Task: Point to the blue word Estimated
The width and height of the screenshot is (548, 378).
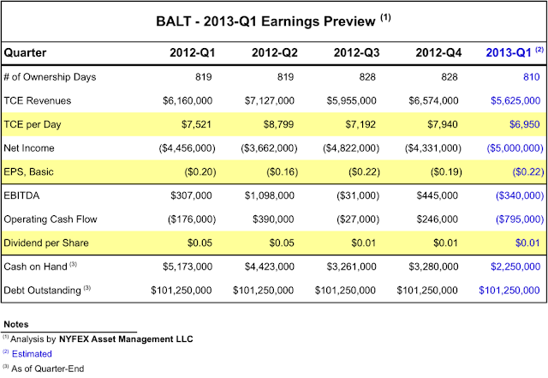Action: click(x=33, y=353)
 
